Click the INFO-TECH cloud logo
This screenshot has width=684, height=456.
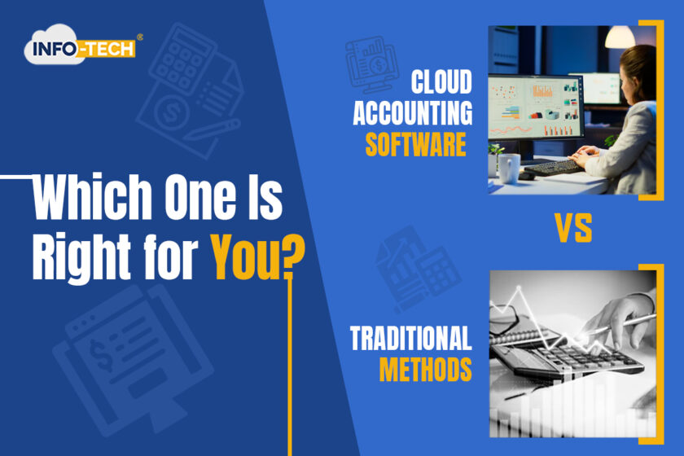[80, 45]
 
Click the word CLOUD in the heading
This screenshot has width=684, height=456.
[441, 81]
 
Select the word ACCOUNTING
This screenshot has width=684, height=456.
[412, 113]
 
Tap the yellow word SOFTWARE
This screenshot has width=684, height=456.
[415, 144]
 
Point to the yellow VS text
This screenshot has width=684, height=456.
[573, 228]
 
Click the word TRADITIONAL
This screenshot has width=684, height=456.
[410, 338]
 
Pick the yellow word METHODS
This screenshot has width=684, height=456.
[425, 369]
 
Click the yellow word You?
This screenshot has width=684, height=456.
[258, 257]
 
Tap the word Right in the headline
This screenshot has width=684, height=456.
[81, 257]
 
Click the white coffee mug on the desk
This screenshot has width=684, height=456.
[508, 169]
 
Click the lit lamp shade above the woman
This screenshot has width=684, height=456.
[620, 37]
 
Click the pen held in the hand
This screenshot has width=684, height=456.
[627, 323]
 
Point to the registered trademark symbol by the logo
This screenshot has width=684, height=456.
[139, 37]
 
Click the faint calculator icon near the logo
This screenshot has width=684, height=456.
[182, 59]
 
